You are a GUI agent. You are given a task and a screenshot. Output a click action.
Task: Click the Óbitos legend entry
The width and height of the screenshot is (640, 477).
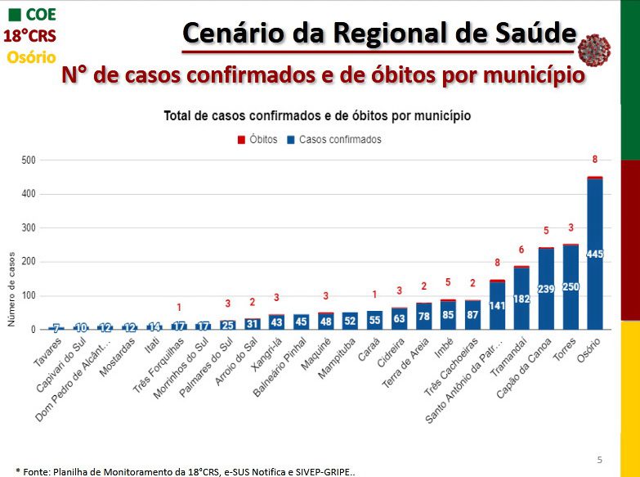(x=258, y=140)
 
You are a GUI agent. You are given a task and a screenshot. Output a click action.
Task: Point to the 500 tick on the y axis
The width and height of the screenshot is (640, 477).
(x=29, y=160)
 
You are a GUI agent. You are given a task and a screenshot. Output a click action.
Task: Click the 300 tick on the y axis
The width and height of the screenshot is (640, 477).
(x=29, y=228)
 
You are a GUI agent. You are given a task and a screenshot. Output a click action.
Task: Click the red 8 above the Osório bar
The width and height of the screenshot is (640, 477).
(x=595, y=160)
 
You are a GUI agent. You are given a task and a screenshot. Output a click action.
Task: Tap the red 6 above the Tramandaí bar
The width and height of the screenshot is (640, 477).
(x=521, y=250)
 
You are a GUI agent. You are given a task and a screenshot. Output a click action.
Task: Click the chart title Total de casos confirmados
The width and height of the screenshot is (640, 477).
(x=317, y=115)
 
